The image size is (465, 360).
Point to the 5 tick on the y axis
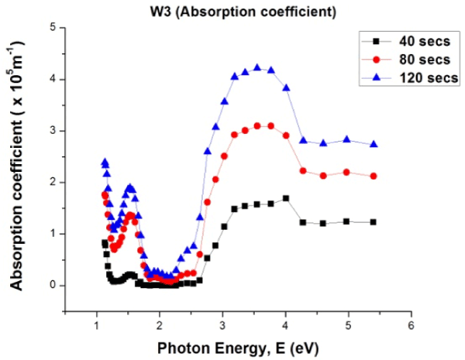(x=53, y=28)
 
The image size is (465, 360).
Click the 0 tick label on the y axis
(x=53, y=286)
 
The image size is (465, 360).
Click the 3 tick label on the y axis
(x=53, y=131)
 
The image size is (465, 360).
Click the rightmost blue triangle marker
(x=374, y=144)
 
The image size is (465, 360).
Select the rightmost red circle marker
(x=374, y=177)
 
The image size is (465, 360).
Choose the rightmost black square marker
(x=374, y=222)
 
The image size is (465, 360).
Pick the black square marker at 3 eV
(x=224, y=227)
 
